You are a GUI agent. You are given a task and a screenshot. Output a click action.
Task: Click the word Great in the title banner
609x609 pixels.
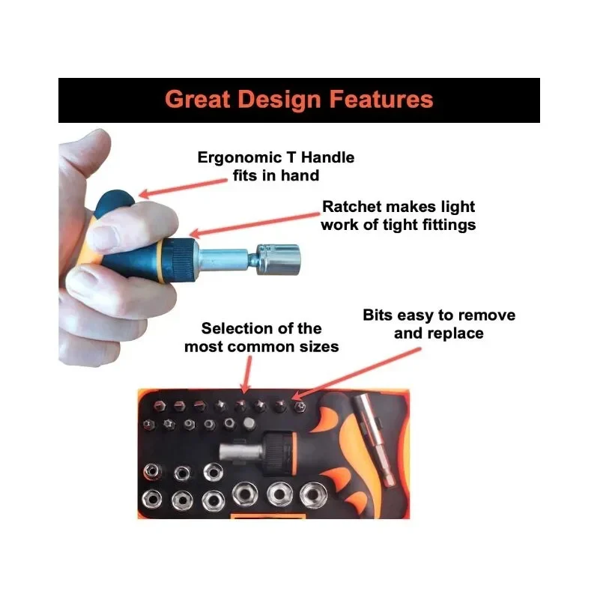click(x=198, y=99)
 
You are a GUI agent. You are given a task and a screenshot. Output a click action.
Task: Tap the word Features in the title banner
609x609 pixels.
click(x=381, y=99)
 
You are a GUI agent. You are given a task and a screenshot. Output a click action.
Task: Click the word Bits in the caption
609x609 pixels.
click(x=377, y=315)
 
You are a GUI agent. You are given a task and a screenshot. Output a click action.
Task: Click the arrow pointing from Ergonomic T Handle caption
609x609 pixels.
click(x=183, y=188)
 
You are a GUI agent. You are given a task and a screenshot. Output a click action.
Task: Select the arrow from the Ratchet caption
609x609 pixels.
click(x=255, y=225)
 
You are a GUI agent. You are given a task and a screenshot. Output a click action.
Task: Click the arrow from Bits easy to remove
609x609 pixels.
click(x=356, y=374)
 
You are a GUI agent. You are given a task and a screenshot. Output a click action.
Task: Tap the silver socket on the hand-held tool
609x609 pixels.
click(x=278, y=259)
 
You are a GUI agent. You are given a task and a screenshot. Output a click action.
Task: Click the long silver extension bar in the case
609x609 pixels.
click(x=374, y=440)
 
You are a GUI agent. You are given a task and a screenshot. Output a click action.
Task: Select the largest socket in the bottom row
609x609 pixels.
click(x=313, y=495)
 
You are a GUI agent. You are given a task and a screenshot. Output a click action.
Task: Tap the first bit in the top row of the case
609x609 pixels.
click(x=160, y=406)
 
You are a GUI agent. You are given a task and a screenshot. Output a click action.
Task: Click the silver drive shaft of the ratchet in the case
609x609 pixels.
click(x=241, y=452)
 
